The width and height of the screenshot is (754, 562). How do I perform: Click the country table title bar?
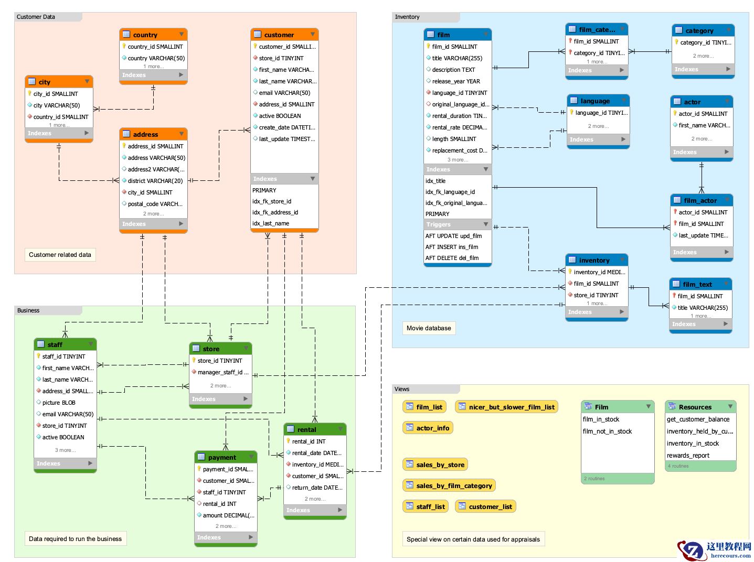153,35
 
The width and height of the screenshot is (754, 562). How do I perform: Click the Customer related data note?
60,255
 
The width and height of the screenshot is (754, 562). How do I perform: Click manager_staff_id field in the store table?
222,372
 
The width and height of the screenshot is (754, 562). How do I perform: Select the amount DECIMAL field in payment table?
228,515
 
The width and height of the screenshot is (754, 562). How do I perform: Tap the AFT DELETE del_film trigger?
452,258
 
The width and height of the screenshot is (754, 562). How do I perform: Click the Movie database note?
428,328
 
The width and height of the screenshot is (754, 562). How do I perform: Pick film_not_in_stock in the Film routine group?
607,431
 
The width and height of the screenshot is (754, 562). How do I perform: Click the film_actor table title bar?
700,200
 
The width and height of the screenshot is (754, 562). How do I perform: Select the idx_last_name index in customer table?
271,223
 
